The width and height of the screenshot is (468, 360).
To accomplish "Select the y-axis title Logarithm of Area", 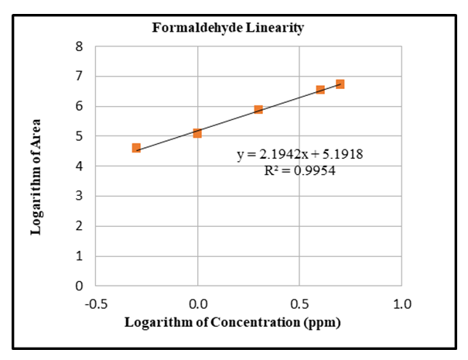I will click(x=36, y=177).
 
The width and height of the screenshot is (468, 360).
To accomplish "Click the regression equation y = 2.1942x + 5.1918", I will click(x=300, y=154).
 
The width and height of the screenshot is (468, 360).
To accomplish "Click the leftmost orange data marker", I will click(x=136, y=148).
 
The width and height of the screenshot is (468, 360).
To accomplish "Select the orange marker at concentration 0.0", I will click(x=197, y=133).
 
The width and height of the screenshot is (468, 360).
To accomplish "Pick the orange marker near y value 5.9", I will click(x=258, y=109).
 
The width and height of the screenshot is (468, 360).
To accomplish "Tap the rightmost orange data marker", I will click(x=340, y=84).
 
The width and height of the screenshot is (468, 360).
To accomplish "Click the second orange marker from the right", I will click(x=320, y=90).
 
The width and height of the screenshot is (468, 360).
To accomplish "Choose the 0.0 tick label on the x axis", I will click(x=197, y=303).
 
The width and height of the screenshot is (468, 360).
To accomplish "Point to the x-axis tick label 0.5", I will click(x=299, y=303).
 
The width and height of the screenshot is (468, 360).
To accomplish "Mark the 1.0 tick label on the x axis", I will click(x=401, y=303).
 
